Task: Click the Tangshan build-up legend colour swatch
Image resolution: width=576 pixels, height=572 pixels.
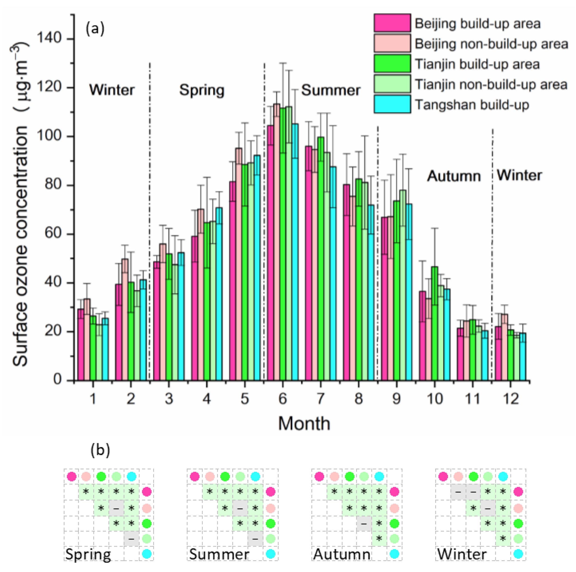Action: [x=392, y=104]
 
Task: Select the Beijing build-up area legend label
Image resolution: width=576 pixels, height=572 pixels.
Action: [x=477, y=24]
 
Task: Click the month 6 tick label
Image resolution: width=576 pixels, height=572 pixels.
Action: [x=282, y=398]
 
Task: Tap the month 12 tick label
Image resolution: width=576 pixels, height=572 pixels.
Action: [x=511, y=398]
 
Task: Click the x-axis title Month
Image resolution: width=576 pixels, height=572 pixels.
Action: [x=304, y=423]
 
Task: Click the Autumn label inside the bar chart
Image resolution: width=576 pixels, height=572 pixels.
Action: [x=454, y=176]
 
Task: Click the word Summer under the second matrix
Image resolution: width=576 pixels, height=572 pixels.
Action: [x=219, y=554]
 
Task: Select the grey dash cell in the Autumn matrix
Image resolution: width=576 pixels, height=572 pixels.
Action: [x=364, y=523]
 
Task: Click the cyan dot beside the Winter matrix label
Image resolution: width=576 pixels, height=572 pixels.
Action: [x=518, y=554]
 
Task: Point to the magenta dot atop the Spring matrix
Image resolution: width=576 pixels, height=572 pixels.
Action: [x=72, y=477]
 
